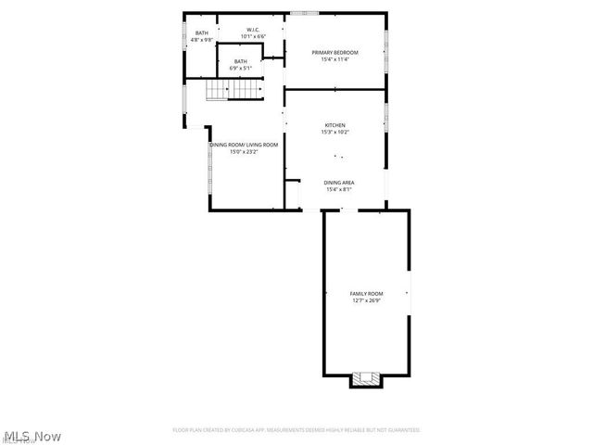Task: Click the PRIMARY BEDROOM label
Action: click(x=334, y=53)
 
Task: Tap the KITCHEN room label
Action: click(x=334, y=125)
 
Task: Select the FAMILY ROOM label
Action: click(x=366, y=293)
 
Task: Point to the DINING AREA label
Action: click(x=338, y=183)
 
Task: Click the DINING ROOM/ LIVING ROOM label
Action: click(x=244, y=145)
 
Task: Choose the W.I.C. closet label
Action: click(x=252, y=30)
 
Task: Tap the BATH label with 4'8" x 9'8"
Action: click(x=201, y=33)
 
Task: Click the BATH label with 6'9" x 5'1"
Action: click(x=241, y=61)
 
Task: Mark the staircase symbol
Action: click(x=228, y=89)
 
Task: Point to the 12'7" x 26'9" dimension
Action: click(x=366, y=300)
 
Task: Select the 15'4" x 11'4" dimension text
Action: click(x=334, y=60)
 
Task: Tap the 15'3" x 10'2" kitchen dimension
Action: click(x=334, y=133)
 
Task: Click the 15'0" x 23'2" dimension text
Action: click(x=244, y=152)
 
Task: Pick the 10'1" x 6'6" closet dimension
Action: click(x=252, y=37)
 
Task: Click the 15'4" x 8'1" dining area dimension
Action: click(x=338, y=190)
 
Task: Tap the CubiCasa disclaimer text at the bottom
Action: click(x=296, y=430)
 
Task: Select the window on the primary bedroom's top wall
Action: click(x=303, y=13)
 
